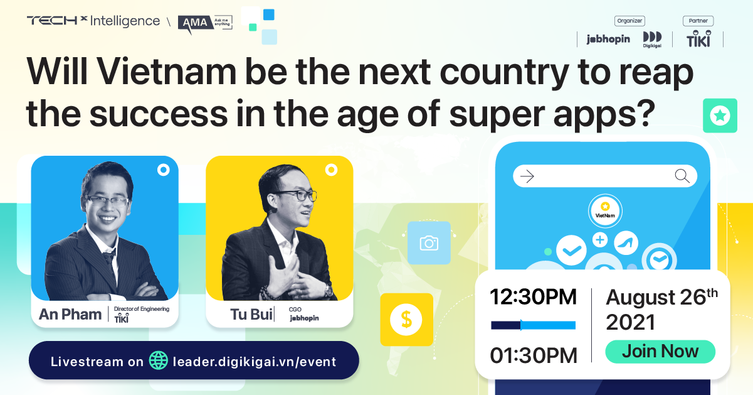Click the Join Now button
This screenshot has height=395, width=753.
point(660,352)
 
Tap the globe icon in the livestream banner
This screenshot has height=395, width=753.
point(159,360)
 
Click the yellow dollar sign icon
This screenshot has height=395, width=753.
point(406,319)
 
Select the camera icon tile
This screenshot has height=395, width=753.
point(429,243)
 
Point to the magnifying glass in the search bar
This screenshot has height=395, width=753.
point(682,176)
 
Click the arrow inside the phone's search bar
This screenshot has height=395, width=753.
point(527,176)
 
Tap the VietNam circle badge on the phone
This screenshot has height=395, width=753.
point(605,211)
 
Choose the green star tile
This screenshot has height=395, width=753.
point(720,116)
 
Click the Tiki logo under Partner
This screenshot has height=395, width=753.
point(698,39)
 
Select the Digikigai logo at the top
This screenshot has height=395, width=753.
point(652,40)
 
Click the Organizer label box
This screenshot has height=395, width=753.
point(629,21)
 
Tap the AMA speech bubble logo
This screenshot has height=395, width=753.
point(205,24)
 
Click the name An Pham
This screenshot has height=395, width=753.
point(70,314)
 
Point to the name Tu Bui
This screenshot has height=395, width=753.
point(251,315)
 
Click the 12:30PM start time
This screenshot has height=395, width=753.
point(533,297)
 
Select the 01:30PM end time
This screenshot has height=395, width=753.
point(534,355)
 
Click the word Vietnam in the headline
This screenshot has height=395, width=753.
point(167,72)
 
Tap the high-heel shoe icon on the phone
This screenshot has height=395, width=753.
point(626,243)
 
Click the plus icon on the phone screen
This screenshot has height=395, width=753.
point(600,240)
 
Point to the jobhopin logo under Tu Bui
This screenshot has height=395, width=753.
point(304,318)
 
